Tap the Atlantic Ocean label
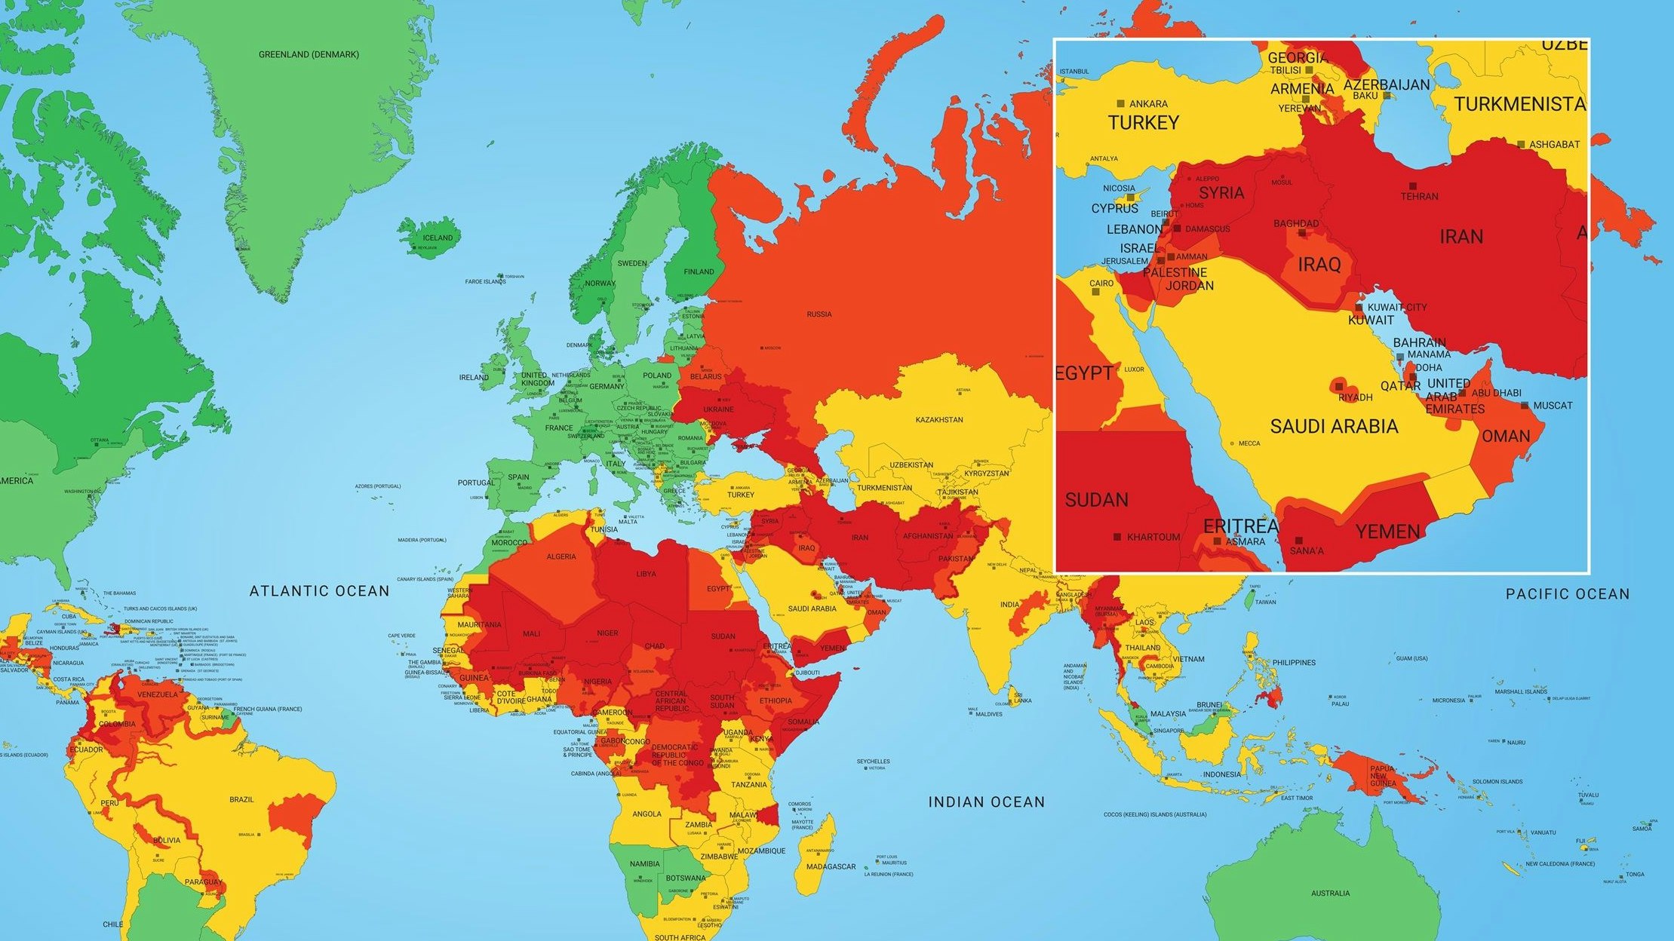pyautogui.click(x=320, y=591)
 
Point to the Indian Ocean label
pyautogui.click(x=987, y=802)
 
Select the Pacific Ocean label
pyautogui.click(x=1568, y=594)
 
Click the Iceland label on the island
pyautogui.click(x=438, y=238)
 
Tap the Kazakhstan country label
pyautogui.click(x=939, y=419)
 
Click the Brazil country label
pyautogui.click(x=242, y=799)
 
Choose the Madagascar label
pyautogui.click(x=831, y=866)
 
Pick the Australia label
pyautogui.click(x=1330, y=893)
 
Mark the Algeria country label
pyautogui.click(x=561, y=556)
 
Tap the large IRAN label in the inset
pyautogui.click(x=1461, y=237)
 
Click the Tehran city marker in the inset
pyautogui.click(x=1412, y=185)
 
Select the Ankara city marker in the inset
pyautogui.click(x=1121, y=103)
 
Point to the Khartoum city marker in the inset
pyautogui.click(x=1117, y=537)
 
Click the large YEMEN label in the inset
pyautogui.click(x=1388, y=532)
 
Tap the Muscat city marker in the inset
pyautogui.click(x=1525, y=405)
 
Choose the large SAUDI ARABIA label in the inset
pyautogui.click(x=1334, y=427)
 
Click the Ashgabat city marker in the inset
pyautogui.click(x=1522, y=144)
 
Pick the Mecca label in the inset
pyautogui.click(x=1249, y=443)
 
